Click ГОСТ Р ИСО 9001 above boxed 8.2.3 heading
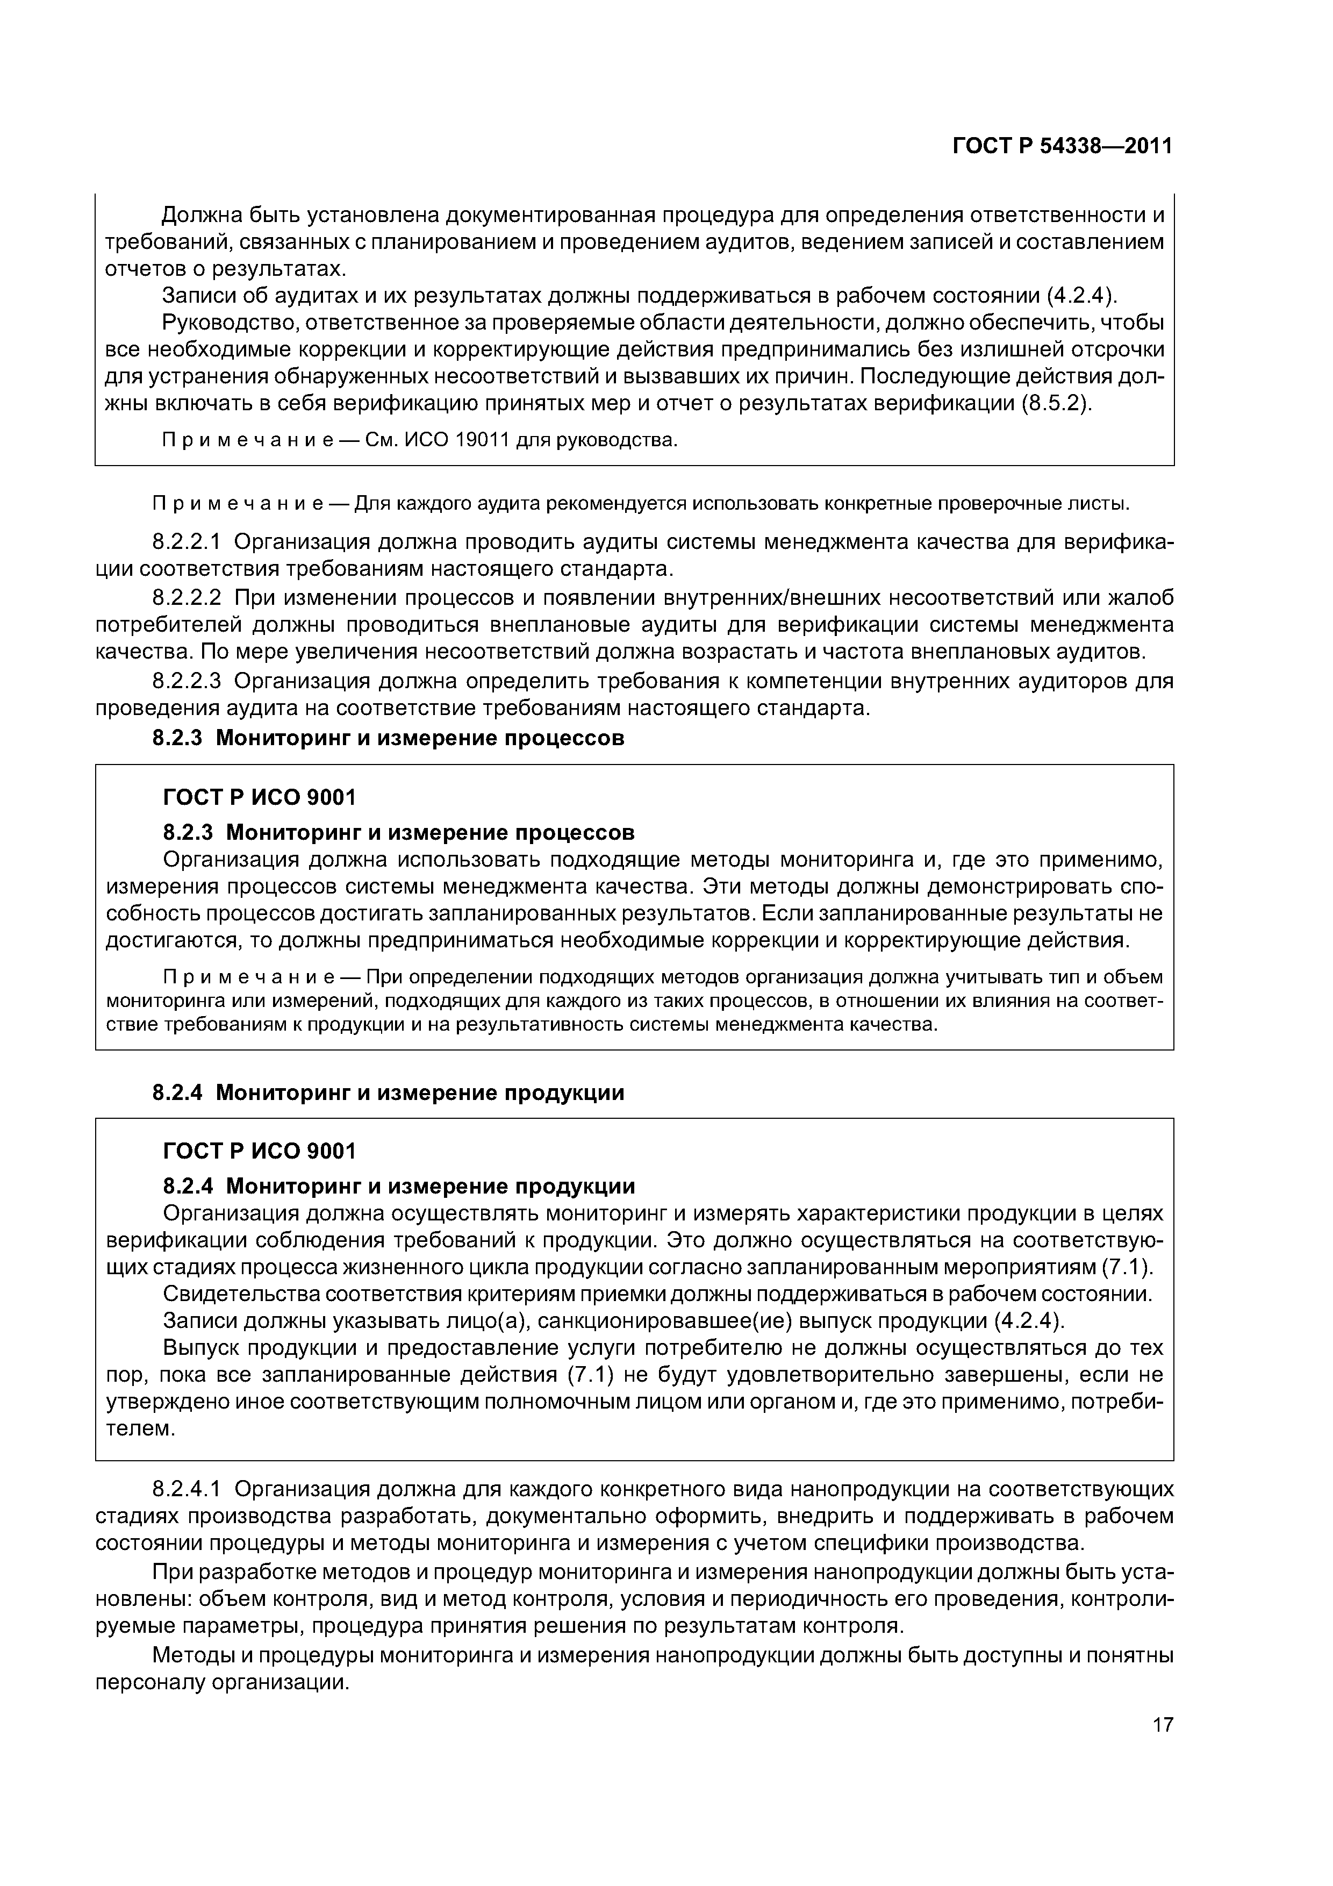(260, 797)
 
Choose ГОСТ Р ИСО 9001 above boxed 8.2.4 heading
(260, 1151)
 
